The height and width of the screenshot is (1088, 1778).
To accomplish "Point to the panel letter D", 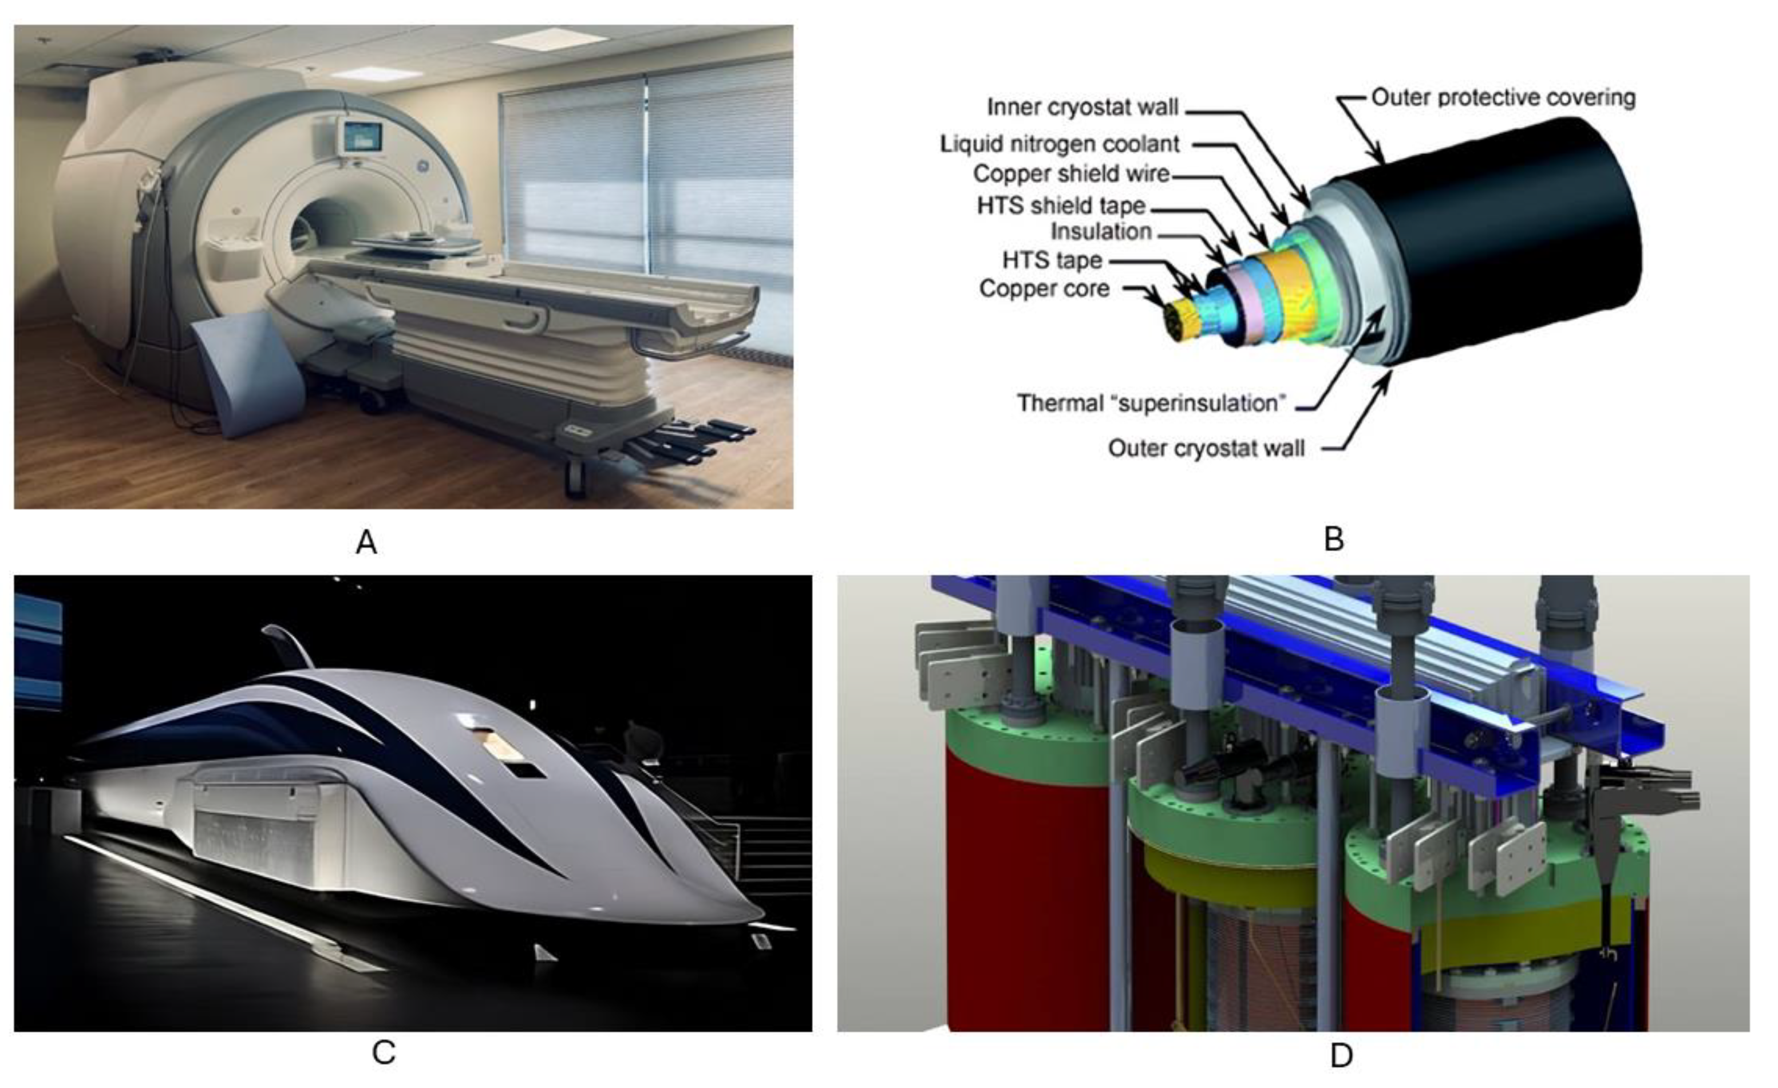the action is [1341, 1055].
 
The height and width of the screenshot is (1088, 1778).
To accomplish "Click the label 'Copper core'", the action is [1044, 288].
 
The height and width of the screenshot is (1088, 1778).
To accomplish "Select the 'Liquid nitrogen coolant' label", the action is [1059, 144].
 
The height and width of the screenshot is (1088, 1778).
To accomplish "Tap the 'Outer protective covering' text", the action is [1503, 97].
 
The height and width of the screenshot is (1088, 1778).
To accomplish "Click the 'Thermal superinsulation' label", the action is [1152, 402].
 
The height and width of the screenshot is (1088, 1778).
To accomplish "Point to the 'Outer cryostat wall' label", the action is [1206, 449].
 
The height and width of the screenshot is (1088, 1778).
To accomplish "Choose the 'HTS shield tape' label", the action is [1061, 205].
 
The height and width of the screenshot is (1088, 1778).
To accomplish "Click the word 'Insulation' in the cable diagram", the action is [1100, 232].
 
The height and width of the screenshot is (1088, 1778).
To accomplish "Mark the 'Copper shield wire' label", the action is [1071, 174].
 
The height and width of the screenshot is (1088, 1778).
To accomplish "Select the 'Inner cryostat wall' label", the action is [1082, 108].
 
